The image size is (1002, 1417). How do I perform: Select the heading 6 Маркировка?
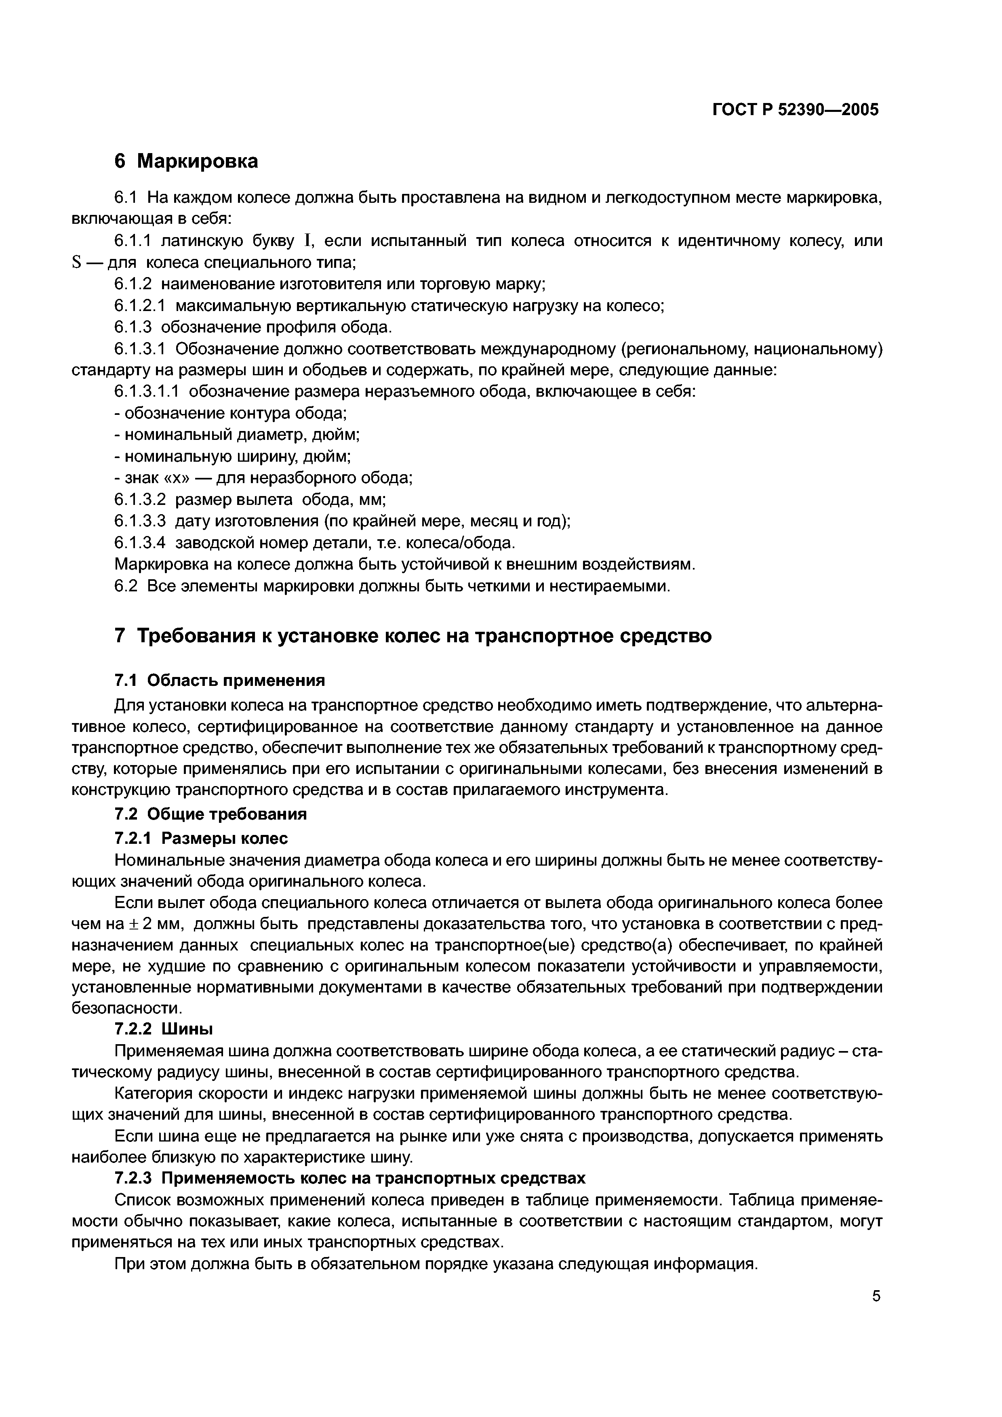click(186, 161)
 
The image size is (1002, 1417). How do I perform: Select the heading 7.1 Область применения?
click(219, 680)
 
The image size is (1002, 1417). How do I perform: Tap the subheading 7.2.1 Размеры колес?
click(201, 838)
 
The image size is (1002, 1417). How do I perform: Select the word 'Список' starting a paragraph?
click(143, 1200)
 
